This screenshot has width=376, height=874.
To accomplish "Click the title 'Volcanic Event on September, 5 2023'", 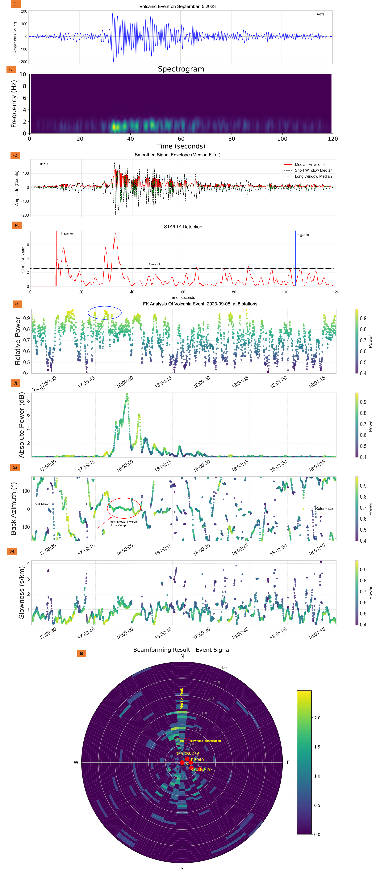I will tap(177, 6).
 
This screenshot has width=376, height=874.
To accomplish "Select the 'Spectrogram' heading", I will tap(181, 69).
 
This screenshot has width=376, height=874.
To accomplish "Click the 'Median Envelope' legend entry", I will tap(309, 165).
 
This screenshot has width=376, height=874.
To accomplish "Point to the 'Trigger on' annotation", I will tap(67, 234).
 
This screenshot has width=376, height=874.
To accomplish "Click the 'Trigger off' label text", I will tap(303, 235).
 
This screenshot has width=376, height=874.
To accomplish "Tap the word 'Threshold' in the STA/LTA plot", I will tap(155, 264).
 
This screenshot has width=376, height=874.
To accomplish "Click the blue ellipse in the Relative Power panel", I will tap(105, 313).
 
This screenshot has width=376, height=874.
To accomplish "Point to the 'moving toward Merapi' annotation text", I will tap(123, 522).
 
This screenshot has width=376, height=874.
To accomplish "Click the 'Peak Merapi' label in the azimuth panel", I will tap(42, 504).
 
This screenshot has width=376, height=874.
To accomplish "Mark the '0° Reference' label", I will tap(321, 508).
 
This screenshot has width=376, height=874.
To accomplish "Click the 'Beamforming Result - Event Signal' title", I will tap(182, 650).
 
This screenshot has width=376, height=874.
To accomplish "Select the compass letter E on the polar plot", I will tap(288, 762).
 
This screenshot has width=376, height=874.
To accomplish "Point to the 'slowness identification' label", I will tap(206, 741).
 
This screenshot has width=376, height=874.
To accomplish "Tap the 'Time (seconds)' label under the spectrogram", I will tap(181, 146).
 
